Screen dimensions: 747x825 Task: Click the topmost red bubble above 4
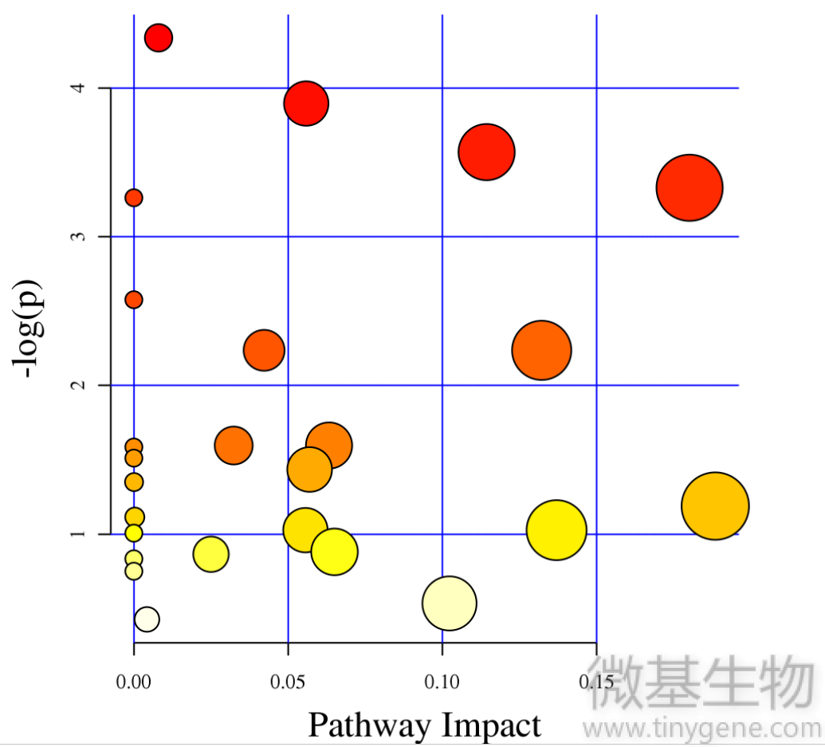coord(159,37)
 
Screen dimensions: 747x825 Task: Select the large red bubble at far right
coord(689,187)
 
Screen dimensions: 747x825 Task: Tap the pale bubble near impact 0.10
coord(449,603)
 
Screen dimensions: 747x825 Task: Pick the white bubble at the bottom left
coord(147,619)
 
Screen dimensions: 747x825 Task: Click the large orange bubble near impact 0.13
coord(542,350)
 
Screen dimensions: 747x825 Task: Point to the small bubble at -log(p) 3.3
coord(134,197)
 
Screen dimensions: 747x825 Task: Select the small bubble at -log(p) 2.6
coord(134,300)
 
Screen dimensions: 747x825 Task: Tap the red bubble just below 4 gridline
coord(306,103)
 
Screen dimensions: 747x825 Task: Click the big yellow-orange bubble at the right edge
coord(715,505)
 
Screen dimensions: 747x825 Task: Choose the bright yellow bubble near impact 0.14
coord(556,530)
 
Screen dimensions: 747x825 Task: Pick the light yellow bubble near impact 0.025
coord(210,554)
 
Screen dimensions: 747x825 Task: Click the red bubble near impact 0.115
coord(486,152)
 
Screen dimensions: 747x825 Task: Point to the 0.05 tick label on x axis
coord(288,682)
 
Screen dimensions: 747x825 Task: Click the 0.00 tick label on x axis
coord(134,682)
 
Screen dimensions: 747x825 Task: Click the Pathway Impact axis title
coord(424,725)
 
